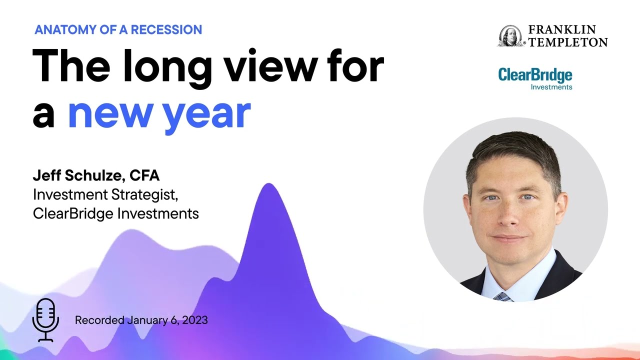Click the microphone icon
[x=45, y=319]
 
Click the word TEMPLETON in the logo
[x=568, y=42]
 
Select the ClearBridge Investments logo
[x=535, y=79]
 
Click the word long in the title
[x=165, y=68]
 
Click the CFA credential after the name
[x=144, y=175]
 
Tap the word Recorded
[x=99, y=320]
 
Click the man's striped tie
[x=502, y=296]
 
